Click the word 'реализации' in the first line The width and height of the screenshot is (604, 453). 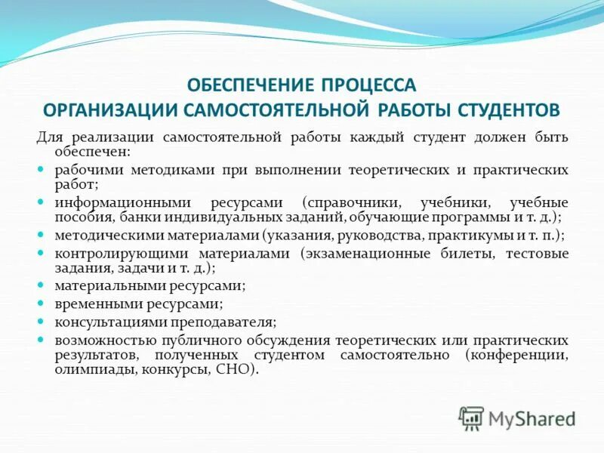[x=112, y=137]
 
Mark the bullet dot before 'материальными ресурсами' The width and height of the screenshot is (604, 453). [x=42, y=286]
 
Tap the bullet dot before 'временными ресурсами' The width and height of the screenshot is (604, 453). [x=42, y=304]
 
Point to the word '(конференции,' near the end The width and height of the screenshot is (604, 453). [x=517, y=354]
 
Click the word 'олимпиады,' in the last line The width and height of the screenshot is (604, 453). [x=86, y=369]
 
